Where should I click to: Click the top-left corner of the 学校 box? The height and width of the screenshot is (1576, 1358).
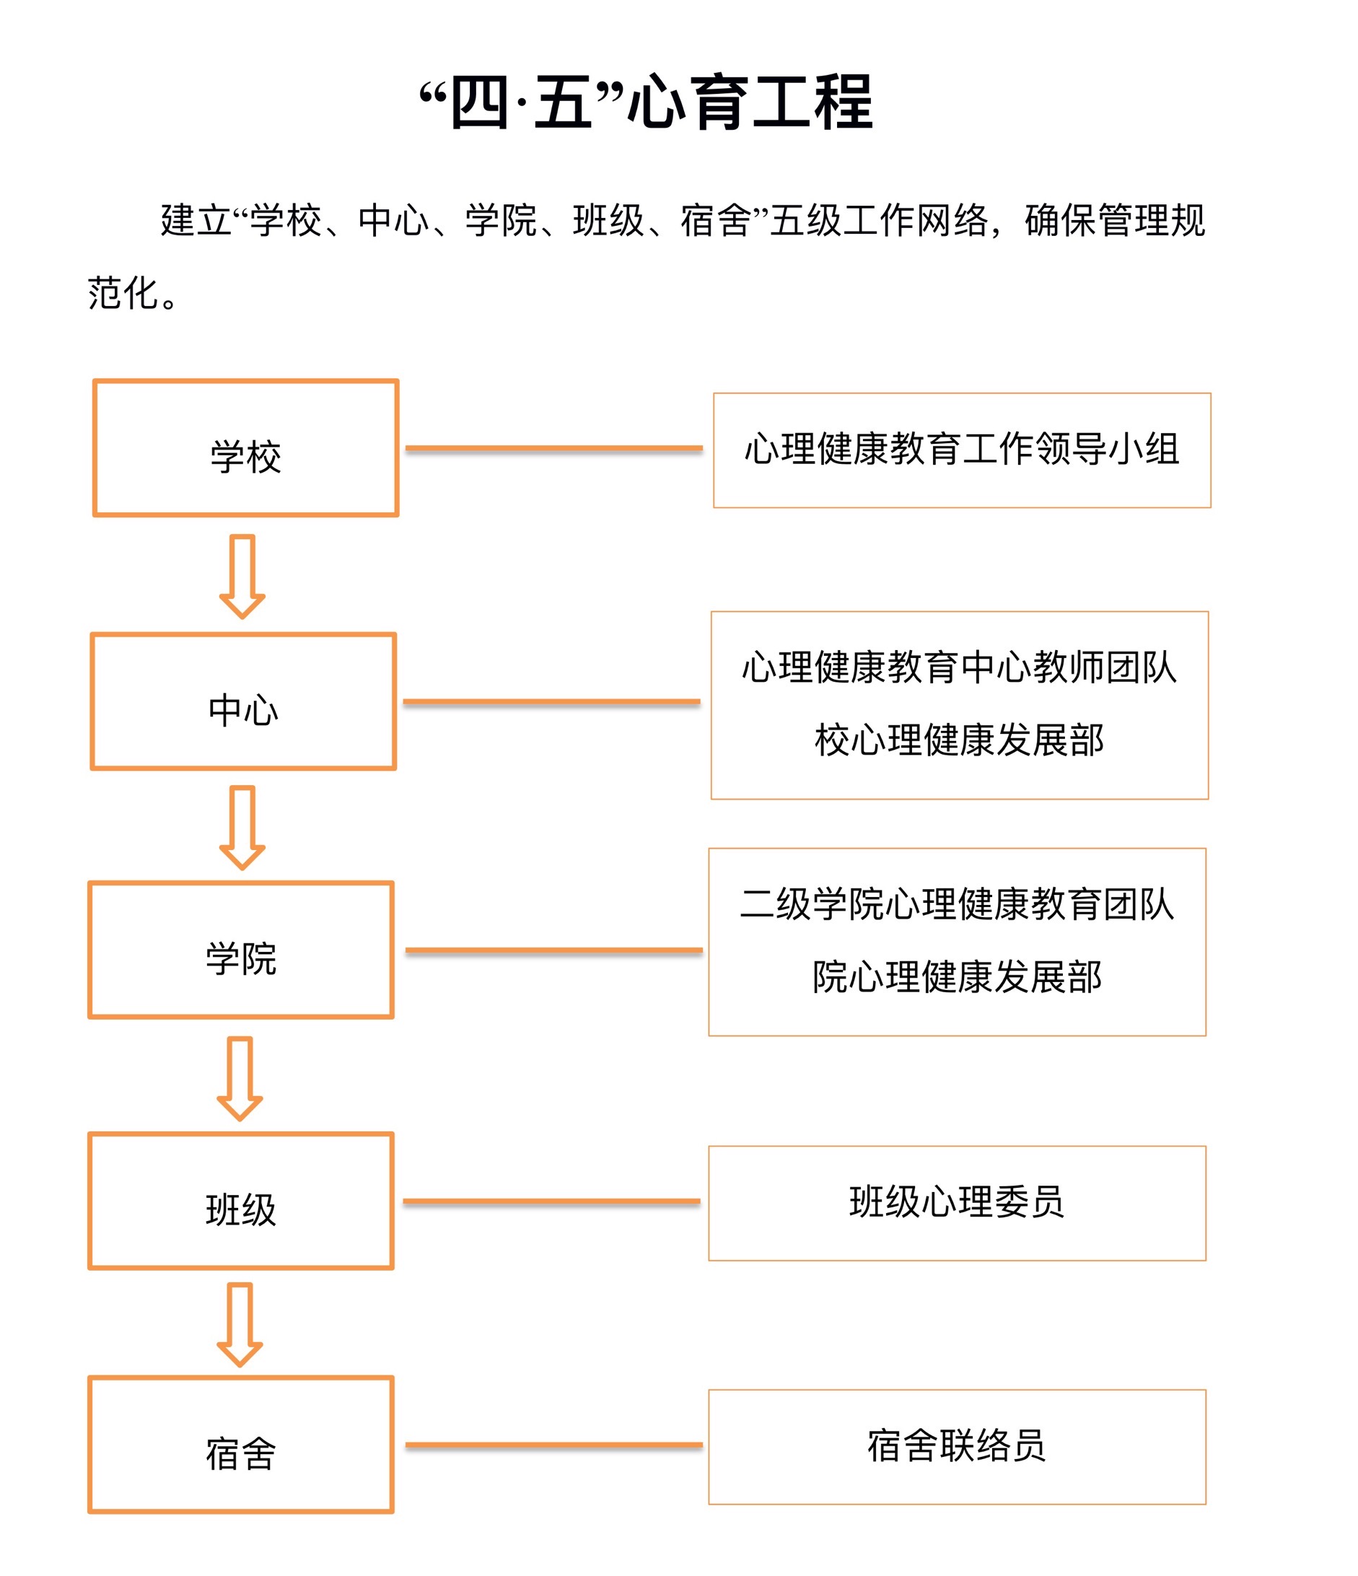coord(95,381)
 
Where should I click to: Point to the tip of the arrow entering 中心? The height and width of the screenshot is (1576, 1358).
coord(242,618)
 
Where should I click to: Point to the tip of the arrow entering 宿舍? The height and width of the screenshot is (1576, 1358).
coord(240,1367)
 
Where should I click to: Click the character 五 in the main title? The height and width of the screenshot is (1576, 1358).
coord(563,102)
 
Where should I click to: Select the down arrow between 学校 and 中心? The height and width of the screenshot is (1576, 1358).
coord(242,577)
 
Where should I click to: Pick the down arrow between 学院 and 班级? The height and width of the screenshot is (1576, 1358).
coord(240,1079)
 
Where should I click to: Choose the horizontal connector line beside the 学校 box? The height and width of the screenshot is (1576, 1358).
coord(554,449)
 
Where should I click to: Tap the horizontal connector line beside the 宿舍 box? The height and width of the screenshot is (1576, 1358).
coord(554,1445)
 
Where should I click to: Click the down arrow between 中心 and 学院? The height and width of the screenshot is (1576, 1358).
coord(242,828)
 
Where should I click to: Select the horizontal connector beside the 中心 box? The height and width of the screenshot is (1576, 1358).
coord(551,701)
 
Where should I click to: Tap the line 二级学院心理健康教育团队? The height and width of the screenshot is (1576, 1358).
coord(957,904)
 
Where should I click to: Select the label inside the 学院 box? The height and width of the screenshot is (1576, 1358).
coord(240,958)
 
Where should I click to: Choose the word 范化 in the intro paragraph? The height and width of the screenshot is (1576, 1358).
coord(123,294)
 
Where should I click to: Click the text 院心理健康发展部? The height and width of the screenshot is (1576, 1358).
coord(957,977)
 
